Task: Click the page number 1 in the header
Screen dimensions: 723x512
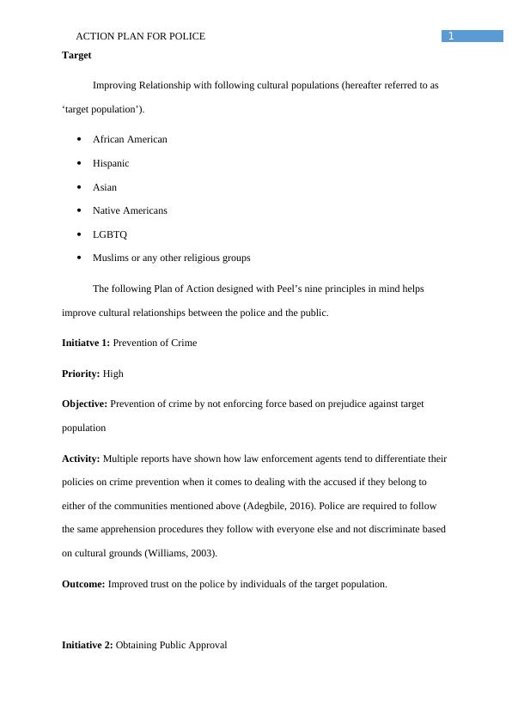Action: click(450, 36)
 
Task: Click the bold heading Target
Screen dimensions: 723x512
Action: click(76, 55)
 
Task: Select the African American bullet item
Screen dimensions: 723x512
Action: click(130, 139)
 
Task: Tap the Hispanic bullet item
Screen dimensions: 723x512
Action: click(111, 163)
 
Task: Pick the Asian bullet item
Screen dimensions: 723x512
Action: click(105, 187)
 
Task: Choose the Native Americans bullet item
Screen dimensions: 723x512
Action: click(130, 210)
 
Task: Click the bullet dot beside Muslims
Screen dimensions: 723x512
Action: click(79, 258)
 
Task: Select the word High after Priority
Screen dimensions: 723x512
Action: click(113, 374)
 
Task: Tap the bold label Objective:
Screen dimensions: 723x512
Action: click(85, 404)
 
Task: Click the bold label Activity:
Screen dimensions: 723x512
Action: click(81, 459)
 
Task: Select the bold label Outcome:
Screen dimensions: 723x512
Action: click(83, 584)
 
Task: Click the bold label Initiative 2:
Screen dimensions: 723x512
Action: click(87, 645)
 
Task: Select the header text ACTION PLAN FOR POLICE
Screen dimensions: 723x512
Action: click(141, 36)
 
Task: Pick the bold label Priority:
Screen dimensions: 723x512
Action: click(81, 374)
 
